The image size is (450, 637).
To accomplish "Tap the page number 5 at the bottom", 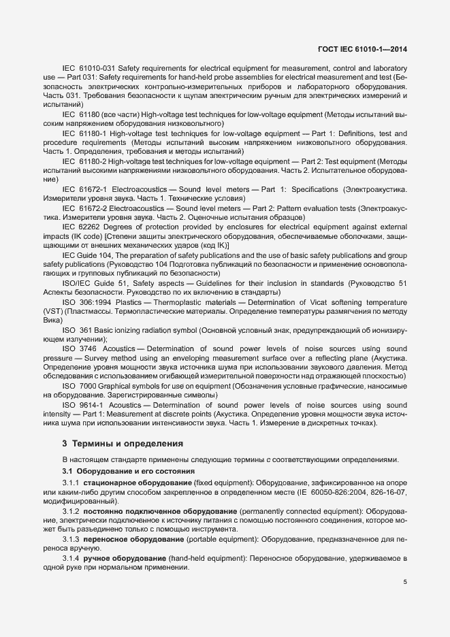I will pos(404,582).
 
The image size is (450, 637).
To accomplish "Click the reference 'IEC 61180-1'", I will pos(85,134).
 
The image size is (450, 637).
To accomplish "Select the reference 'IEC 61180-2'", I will pos(85,161).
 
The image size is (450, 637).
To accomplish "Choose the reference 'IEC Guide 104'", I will pos(86,255).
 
